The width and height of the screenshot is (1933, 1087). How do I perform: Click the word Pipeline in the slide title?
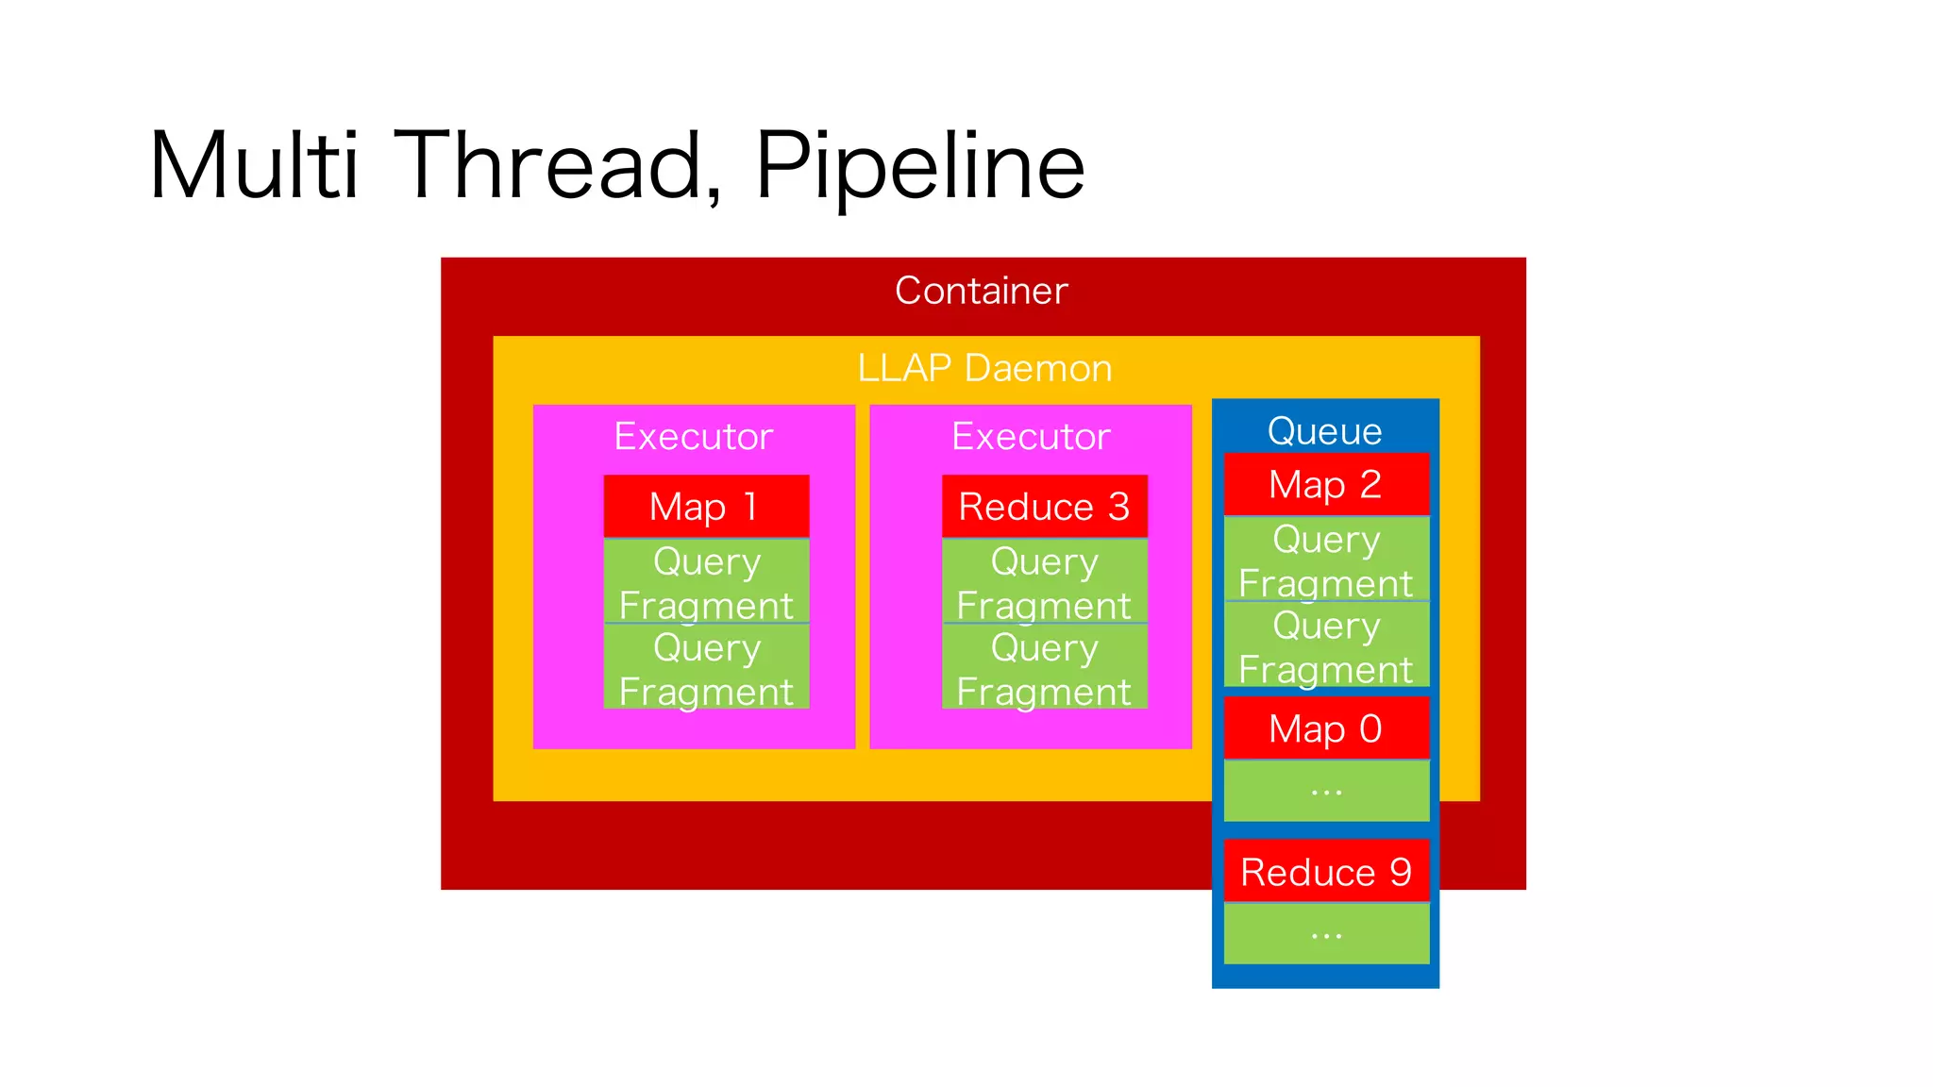click(x=920, y=167)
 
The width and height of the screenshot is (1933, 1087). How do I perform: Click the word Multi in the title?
click(x=254, y=167)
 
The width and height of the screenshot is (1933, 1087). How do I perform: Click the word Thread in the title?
click(x=557, y=167)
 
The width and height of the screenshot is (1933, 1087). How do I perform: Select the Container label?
click(x=981, y=291)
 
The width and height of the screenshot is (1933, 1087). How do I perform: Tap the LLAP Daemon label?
click(x=984, y=368)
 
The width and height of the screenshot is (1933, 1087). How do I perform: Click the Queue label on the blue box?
click(x=1324, y=431)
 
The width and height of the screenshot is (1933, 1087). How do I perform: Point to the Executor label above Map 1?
click(x=694, y=437)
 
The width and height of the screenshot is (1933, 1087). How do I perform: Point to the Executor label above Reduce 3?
click(x=1031, y=437)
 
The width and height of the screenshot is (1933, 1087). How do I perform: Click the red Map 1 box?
click(x=706, y=507)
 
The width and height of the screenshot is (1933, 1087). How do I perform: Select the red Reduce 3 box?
click(x=1044, y=507)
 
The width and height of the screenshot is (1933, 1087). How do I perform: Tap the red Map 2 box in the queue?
click(x=1325, y=485)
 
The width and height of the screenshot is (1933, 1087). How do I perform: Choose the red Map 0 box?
click(x=1325, y=728)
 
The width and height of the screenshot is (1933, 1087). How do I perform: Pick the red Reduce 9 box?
click(x=1325, y=872)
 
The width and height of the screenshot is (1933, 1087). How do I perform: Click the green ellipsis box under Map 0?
click(x=1326, y=791)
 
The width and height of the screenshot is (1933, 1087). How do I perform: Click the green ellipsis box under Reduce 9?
click(x=1326, y=934)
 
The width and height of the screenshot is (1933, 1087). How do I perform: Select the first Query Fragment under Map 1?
click(x=706, y=581)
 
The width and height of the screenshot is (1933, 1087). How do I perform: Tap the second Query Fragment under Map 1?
click(x=706, y=667)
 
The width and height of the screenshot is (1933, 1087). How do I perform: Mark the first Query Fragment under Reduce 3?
click(x=1044, y=581)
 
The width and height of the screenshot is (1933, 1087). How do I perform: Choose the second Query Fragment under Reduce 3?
click(x=1044, y=667)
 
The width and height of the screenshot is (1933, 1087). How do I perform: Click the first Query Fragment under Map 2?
click(x=1325, y=560)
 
